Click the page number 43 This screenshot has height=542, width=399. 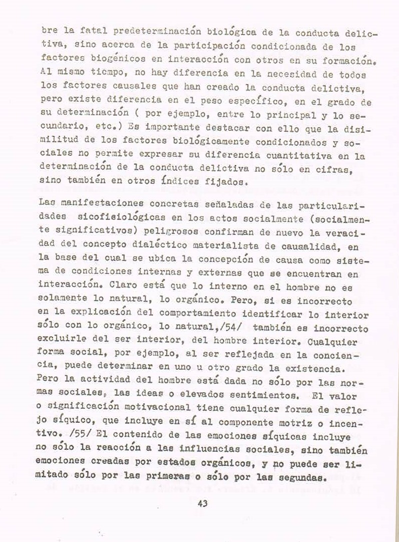pos(202,503)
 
